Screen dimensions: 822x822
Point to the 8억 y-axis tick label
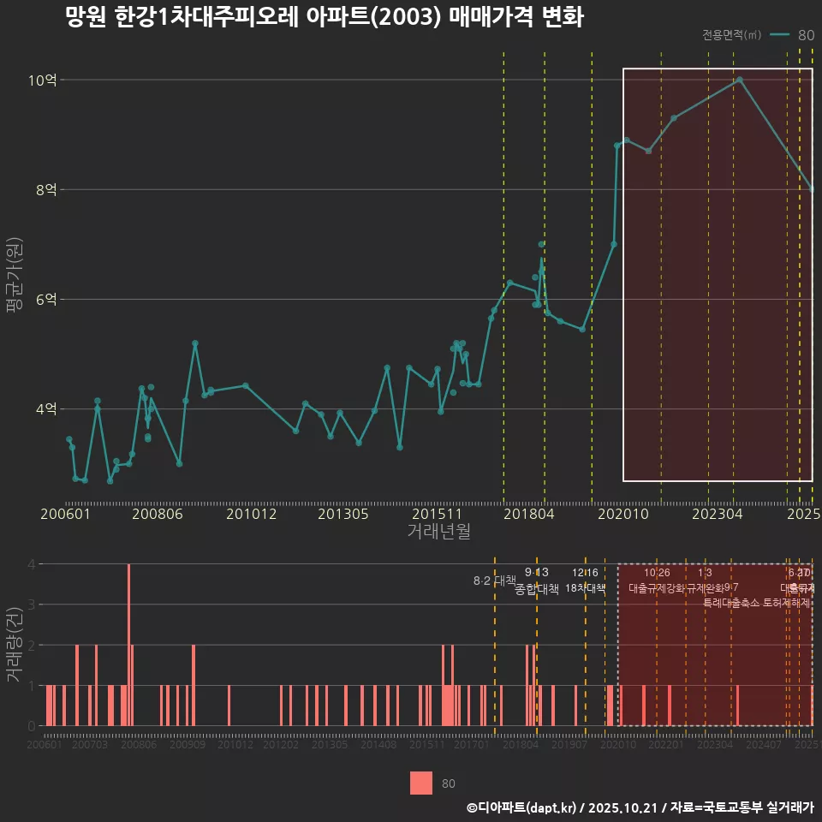(x=46, y=189)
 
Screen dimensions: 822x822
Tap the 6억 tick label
(x=46, y=300)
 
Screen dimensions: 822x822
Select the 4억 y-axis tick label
(x=46, y=409)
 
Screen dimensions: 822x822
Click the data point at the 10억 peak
(x=740, y=80)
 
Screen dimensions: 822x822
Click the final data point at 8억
(x=812, y=189)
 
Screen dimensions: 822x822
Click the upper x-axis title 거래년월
(x=438, y=532)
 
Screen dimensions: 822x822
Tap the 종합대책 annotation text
(x=537, y=589)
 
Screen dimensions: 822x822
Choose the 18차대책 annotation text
(x=586, y=588)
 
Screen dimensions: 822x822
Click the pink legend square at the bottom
(x=421, y=783)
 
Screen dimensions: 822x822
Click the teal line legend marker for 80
(x=779, y=35)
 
